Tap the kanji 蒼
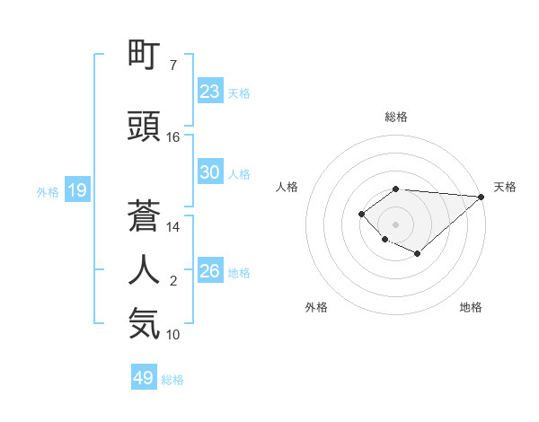(x=145, y=216)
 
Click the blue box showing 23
(x=210, y=92)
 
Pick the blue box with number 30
(x=210, y=172)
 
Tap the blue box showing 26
(x=210, y=271)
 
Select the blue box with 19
(x=76, y=190)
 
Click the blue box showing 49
(x=144, y=378)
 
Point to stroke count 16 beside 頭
(x=173, y=137)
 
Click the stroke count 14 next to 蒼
(x=173, y=227)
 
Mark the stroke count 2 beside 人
(x=173, y=281)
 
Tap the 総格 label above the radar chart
(x=395, y=117)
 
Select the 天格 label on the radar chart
(x=506, y=187)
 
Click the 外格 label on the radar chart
(x=316, y=307)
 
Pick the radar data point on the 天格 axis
(x=482, y=197)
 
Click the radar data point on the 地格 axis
(x=418, y=254)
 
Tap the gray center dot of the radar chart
(x=395, y=224)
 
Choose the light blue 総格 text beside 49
(x=172, y=380)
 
